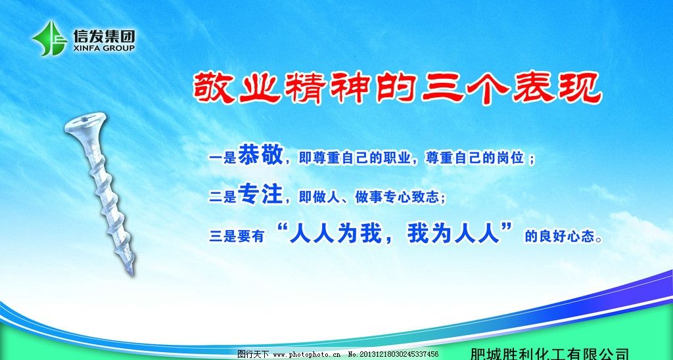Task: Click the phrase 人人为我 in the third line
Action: [334, 233]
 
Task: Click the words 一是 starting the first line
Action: [222, 158]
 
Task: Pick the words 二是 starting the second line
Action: [222, 197]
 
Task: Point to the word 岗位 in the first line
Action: [509, 158]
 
